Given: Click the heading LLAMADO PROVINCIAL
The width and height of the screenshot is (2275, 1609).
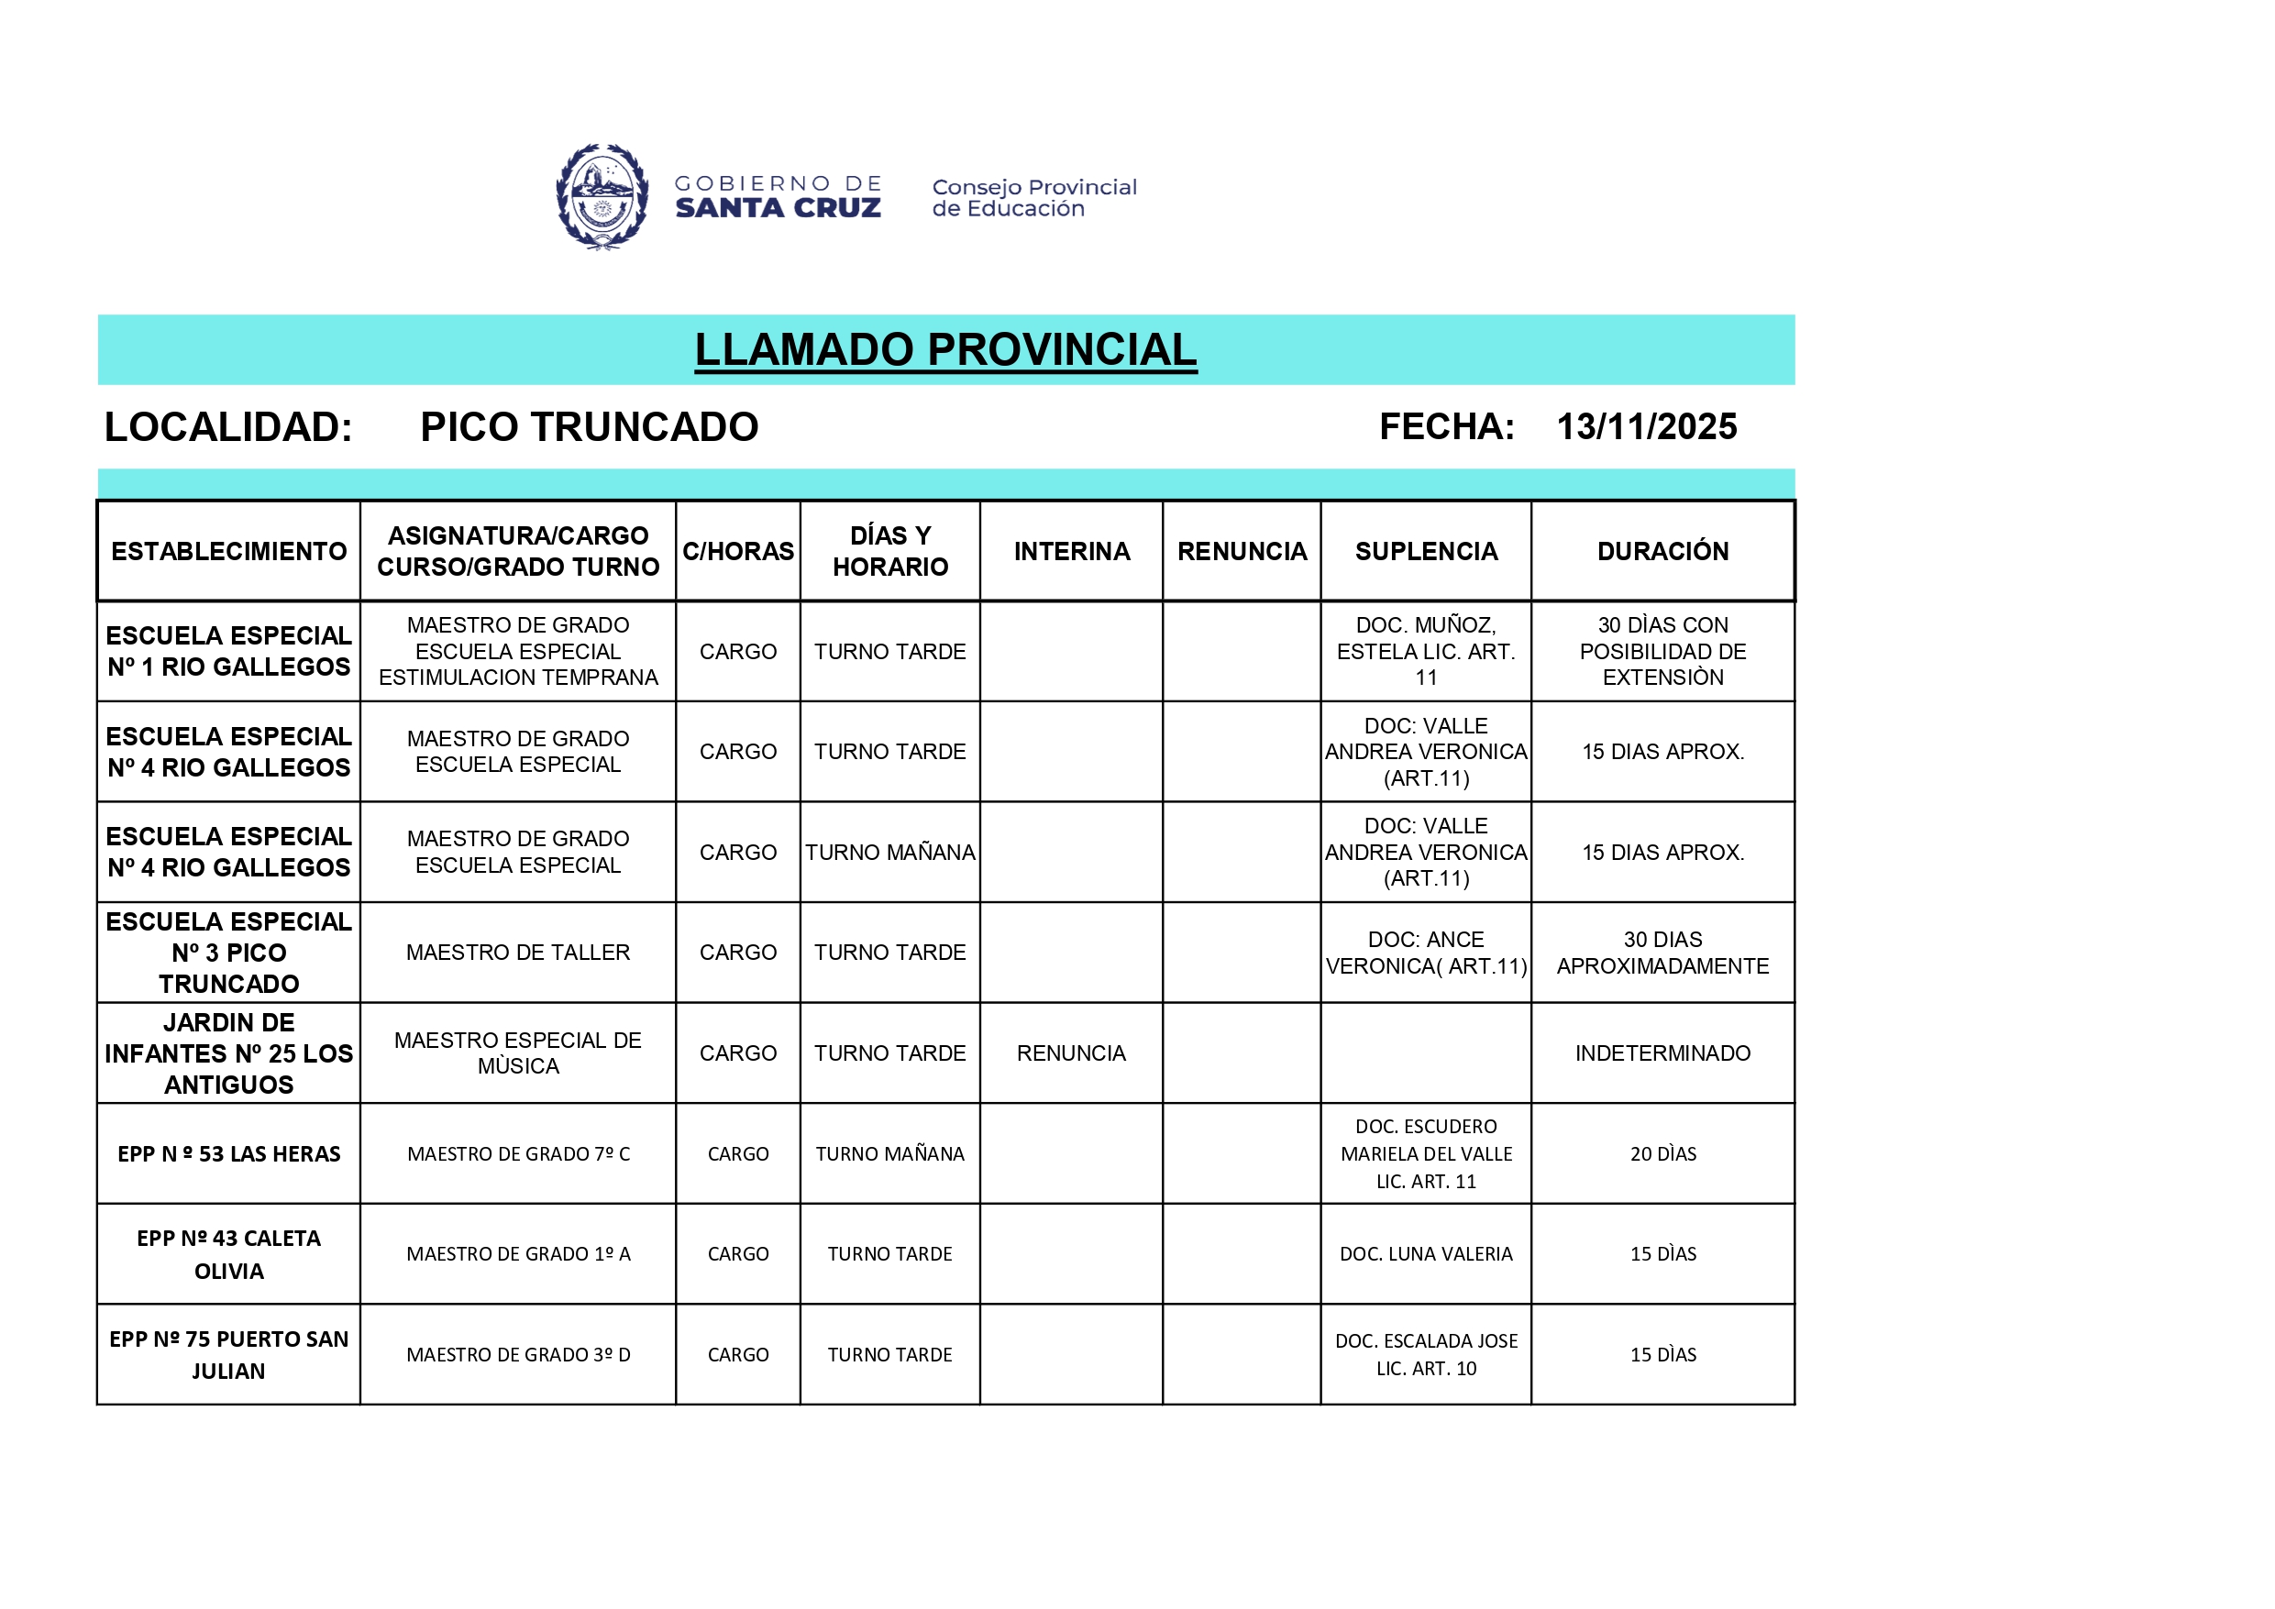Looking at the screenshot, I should click(945, 349).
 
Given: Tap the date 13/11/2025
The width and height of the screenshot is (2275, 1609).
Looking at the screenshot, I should click(1646, 427).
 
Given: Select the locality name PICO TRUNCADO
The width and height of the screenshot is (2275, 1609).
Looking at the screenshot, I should click(589, 427).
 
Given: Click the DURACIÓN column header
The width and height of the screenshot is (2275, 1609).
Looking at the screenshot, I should click(1662, 551).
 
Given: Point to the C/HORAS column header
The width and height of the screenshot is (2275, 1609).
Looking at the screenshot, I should click(737, 551).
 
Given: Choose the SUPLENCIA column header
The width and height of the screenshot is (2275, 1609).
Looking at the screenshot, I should click(1425, 551).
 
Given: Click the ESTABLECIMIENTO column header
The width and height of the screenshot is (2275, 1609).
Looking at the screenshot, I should click(229, 551).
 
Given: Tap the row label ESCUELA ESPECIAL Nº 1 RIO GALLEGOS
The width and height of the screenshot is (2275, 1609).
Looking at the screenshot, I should click(229, 651).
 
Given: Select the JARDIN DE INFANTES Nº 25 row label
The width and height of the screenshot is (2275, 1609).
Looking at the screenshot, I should click(229, 1052).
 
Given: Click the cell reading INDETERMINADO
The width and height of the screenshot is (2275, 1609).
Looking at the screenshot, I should click(1662, 1052).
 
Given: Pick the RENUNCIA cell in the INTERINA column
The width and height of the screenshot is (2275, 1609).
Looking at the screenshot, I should click(1070, 1052).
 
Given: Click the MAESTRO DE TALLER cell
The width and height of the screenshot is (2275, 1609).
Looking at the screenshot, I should click(517, 953).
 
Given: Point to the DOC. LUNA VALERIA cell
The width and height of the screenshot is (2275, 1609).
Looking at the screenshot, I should click(1425, 1253).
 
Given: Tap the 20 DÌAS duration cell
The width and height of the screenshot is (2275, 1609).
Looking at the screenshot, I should click(1662, 1153).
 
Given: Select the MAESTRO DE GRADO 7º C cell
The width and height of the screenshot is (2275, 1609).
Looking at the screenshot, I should click(517, 1153).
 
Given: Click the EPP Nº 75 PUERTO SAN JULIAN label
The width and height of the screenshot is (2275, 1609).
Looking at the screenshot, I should click(229, 1354).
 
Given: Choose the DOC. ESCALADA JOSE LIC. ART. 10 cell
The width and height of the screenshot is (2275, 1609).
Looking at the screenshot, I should click(1425, 1354).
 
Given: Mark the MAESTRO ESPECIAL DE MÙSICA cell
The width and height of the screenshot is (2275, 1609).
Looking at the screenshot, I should click(517, 1052).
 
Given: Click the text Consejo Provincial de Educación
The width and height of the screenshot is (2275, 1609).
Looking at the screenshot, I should click(1033, 197).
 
